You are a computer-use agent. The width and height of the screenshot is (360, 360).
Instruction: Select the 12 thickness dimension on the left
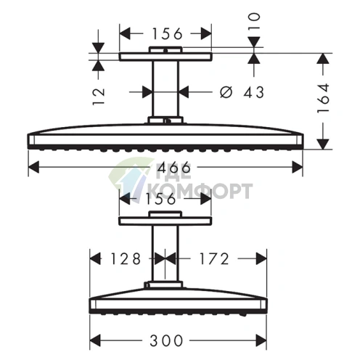[x=100, y=92]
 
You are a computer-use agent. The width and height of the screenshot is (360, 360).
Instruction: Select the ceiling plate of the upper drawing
[x=165, y=55]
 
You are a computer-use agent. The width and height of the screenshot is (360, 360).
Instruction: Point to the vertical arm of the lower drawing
[x=165, y=254]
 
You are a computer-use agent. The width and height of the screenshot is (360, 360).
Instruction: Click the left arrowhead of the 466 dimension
[x=32, y=168]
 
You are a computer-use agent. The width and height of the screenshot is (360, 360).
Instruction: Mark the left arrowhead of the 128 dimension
[x=93, y=258]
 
